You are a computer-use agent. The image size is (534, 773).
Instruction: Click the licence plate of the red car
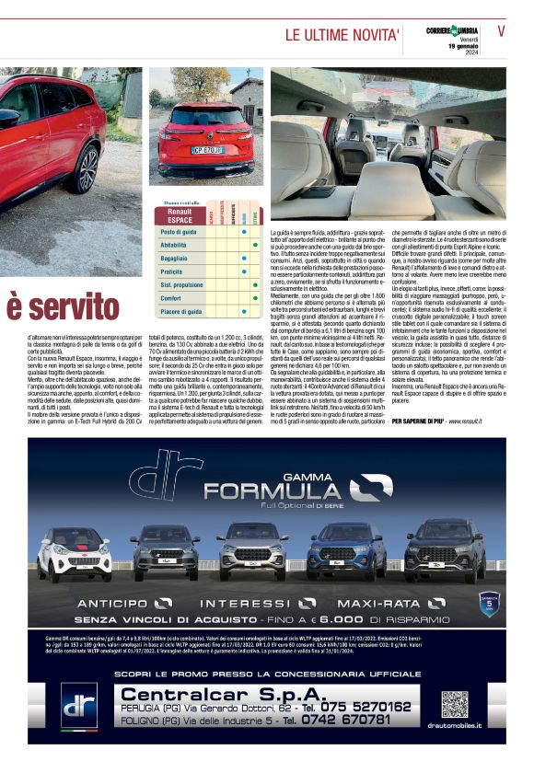pos(207,149)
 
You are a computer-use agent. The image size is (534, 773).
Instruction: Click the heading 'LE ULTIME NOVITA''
pos(342,35)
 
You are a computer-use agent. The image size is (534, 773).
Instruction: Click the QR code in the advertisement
pos(454,705)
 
